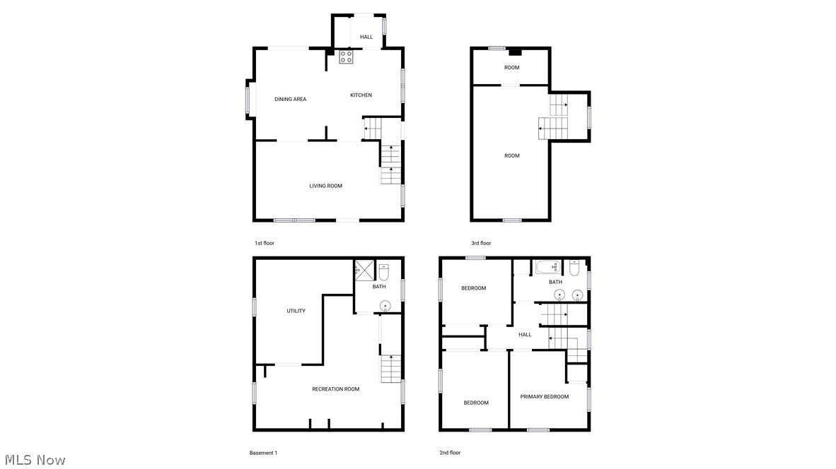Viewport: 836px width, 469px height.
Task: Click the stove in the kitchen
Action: tap(346, 57)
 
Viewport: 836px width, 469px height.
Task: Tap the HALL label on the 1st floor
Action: tap(366, 37)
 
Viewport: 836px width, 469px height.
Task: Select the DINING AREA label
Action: tap(290, 100)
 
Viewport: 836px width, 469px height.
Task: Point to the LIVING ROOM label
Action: tap(325, 186)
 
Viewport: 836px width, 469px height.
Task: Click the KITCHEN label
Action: tap(361, 95)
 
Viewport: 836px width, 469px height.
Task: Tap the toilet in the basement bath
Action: tap(384, 272)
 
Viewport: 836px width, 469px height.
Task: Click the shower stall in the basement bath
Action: tap(364, 269)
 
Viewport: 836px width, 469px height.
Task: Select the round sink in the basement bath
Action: tap(385, 306)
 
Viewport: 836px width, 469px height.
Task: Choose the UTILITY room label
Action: tap(296, 311)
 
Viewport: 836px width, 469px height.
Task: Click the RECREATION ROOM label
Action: tap(335, 389)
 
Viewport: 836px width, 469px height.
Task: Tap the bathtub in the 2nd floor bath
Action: tap(547, 268)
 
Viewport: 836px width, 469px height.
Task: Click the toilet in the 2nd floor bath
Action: tap(574, 268)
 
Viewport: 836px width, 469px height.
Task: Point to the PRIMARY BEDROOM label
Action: tap(544, 397)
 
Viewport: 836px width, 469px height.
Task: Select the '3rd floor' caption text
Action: tap(481, 243)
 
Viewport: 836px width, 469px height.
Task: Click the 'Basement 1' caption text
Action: tap(263, 453)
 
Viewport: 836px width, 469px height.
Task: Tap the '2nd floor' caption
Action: tap(450, 453)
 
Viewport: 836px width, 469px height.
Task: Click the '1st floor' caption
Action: tap(265, 243)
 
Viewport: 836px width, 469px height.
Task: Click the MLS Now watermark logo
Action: tap(33, 460)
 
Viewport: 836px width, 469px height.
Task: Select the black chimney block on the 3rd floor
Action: tap(516, 52)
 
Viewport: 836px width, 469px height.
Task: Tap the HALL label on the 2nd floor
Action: tap(525, 335)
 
